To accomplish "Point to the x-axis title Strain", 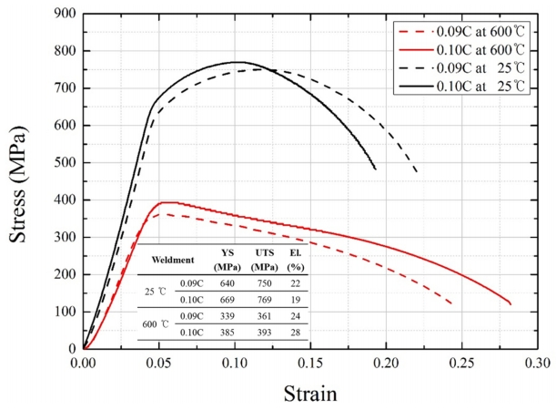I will pyautogui.click(x=310, y=393).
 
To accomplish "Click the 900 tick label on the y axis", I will pyautogui.click(x=63, y=14).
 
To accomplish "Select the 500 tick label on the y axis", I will pyautogui.click(x=63, y=162).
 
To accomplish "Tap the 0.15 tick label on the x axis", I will pyautogui.click(x=310, y=361).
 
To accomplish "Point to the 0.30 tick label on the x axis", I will pyautogui.click(x=537, y=361).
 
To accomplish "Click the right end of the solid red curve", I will pyautogui.click(x=511, y=303).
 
